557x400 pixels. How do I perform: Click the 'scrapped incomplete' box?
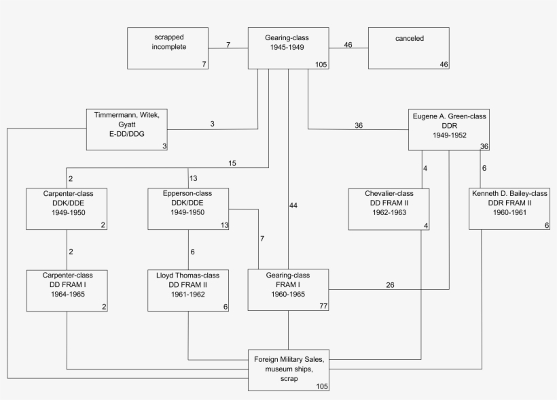pyautogui.click(x=168, y=48)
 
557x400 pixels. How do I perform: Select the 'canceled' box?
pyautogui.click(x=409, y=48)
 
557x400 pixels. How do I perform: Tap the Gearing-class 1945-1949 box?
pyautogui.click(x=289, y=48)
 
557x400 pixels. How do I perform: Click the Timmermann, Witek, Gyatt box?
pyautogui.click(x=128, y=129)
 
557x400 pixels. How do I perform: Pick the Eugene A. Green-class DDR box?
pyautogui.click(x=449, y=129)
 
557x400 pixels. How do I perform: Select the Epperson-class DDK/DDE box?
pyautogui.click(x=188, y=210)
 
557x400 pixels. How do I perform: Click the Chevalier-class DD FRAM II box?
pyautogui.click(x=389, y=210)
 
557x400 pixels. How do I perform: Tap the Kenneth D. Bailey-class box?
pyautogui.click(x=509, y=210)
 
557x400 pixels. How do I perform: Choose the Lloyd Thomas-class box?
pyautogui.click(x=188, y=290)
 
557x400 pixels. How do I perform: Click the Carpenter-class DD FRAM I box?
pyautogui.click(x=67, y=290)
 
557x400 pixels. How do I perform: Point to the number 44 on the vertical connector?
pyautogui.click(x=293, y=205)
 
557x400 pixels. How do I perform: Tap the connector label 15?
pyautogui.click(x=233, y=163)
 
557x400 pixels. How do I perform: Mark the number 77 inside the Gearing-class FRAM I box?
pyautogui.click(x=324, y=307)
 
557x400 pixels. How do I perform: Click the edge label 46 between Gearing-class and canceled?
pyautogui.click(x=348, y=45)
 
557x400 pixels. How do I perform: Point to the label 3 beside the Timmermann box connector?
pyautogui.click(x=212, y=124)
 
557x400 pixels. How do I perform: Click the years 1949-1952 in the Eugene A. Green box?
pyautogui.click(x=449, y=135)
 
